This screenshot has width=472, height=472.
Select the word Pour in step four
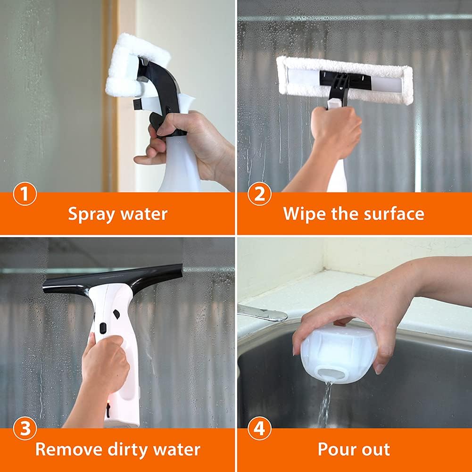[x=336, y=449]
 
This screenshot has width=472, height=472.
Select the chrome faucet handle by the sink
[x=262, y=312]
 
